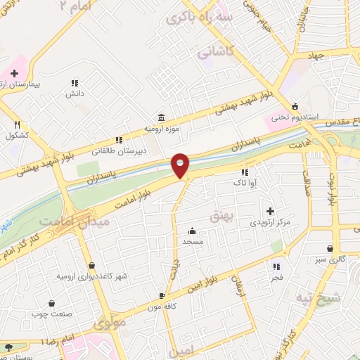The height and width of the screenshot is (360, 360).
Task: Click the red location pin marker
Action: coord(181,166)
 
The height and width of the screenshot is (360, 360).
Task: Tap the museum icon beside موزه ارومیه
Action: coord(162,117)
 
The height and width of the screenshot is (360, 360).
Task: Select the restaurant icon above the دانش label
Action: coord(75,82)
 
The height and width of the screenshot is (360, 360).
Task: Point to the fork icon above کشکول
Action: coord(17,124)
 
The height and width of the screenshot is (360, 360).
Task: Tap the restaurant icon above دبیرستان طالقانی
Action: coord(119,139)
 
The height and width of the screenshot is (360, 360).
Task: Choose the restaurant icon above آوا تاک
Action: coord(245,172)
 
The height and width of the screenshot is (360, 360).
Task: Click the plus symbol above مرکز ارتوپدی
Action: coord(270,210)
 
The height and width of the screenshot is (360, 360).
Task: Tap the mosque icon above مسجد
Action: coord(192,231)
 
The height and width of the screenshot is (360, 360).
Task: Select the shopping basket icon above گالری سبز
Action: coord(330,247)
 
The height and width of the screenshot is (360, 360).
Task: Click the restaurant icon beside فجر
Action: coord(276,266)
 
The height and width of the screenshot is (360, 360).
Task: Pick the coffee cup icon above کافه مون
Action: coord(162,296)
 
